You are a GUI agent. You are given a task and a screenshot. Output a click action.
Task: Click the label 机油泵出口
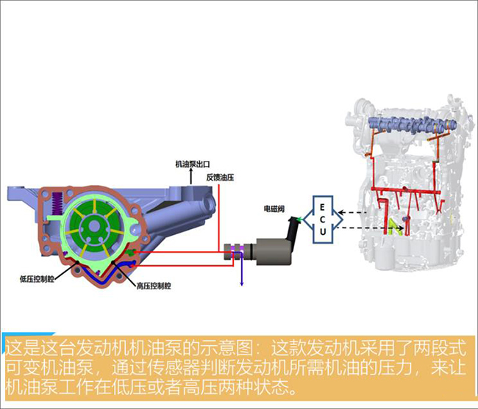[193, 164]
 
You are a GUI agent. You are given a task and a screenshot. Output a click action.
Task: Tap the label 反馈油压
[220, 178]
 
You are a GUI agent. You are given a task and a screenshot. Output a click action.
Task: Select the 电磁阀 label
[274, 209]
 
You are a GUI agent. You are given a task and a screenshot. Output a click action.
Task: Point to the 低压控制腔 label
[37, 279]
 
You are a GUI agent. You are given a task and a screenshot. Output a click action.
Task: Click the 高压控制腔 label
[154, 286]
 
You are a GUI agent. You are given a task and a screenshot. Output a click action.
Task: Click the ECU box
[323, 220]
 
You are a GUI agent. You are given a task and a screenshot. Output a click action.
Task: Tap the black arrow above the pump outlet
[191, 177]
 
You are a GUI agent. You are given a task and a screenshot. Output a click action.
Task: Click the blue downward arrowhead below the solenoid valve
[242, 283]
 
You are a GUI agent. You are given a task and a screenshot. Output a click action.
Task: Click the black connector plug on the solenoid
[293, 228]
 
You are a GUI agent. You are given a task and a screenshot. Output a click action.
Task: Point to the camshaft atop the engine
[412, 124]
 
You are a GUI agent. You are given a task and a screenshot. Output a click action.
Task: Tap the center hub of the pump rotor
[95, 226]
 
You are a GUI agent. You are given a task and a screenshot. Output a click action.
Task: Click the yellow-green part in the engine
[396, 227]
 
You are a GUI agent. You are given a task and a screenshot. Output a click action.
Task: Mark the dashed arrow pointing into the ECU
[352, 212]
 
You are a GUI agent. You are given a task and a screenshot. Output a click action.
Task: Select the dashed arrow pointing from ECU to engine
[371, 228]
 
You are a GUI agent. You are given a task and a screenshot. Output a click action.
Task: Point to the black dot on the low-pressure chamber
[78, 261]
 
